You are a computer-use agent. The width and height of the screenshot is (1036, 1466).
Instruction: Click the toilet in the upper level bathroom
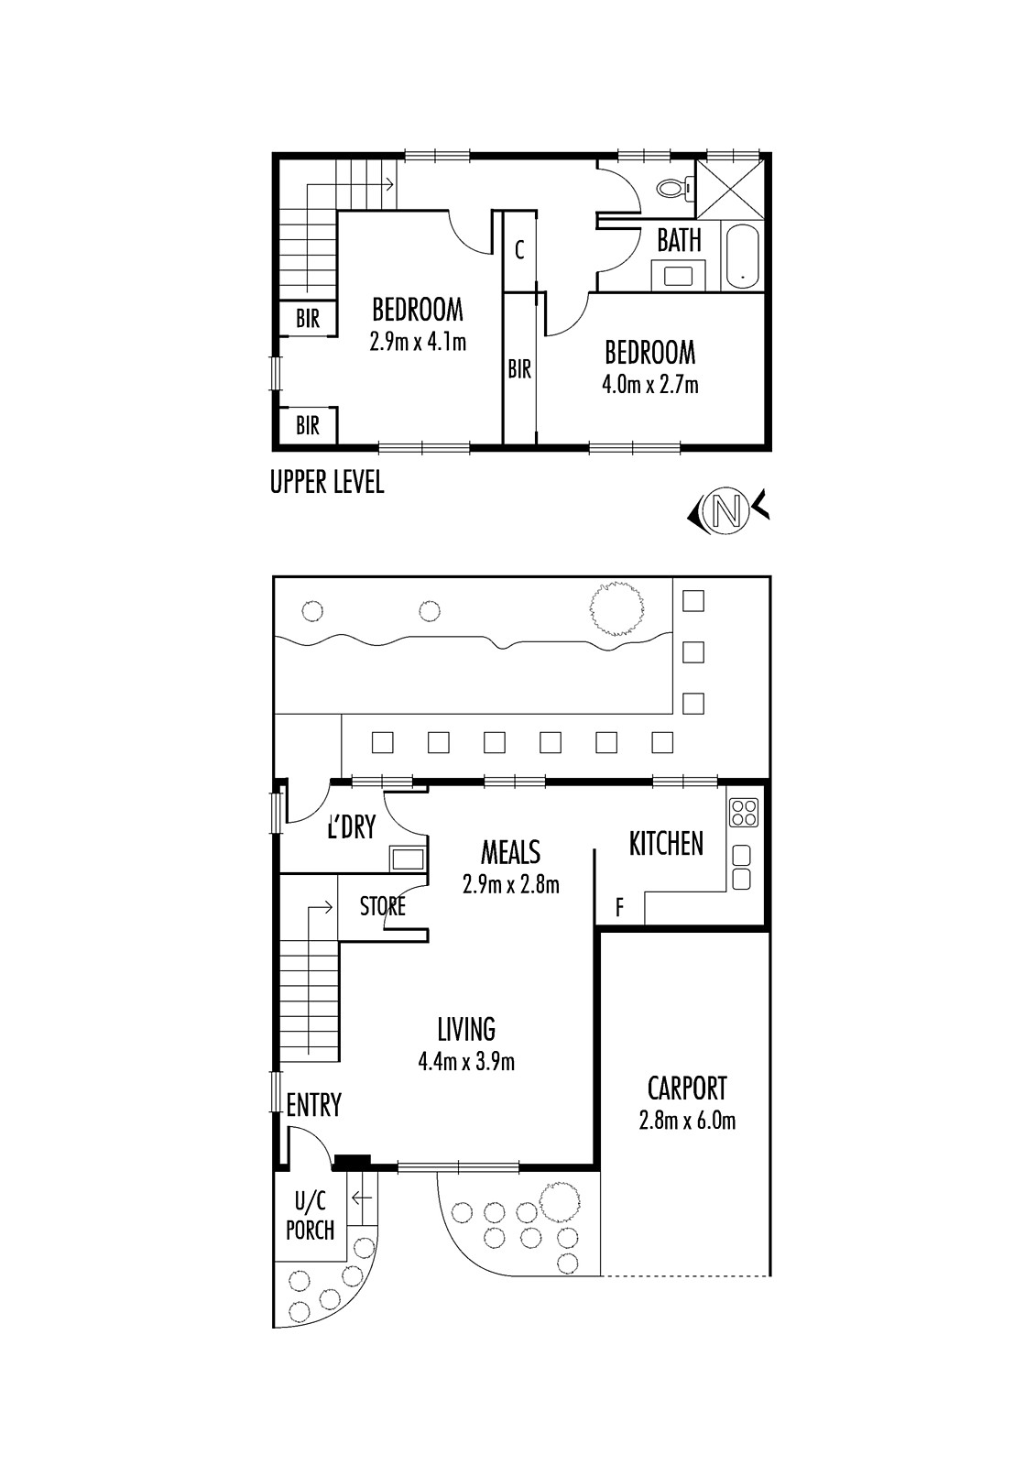click(x=673, y=189)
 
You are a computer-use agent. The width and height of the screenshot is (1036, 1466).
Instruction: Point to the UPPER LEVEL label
click(x=327, y=483)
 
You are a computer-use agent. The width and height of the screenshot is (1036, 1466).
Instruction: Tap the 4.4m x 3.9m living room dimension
click(x=466, y=1061)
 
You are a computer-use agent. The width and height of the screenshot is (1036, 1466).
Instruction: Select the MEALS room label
click(x=510, y=852)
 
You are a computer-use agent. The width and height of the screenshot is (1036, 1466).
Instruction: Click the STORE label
click(x=383, y=906)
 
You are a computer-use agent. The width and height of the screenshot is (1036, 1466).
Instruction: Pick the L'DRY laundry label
click(x=352, y=828)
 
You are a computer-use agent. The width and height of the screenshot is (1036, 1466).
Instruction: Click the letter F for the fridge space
click(x=619, y=907)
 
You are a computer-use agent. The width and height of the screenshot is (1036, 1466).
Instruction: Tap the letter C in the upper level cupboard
click(x=519, y=250)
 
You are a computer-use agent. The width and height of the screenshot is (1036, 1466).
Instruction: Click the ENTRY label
click(x=314, y=1105)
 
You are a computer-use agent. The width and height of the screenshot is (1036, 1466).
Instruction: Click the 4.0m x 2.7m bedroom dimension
click(x=649, y=384)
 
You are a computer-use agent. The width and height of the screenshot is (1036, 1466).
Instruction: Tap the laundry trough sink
click(x=407, y=858)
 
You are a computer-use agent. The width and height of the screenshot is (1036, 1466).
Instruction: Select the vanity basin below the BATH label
click(x=679, y=276)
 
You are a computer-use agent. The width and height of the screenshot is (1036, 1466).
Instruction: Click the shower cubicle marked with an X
click(x=729, y=189)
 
